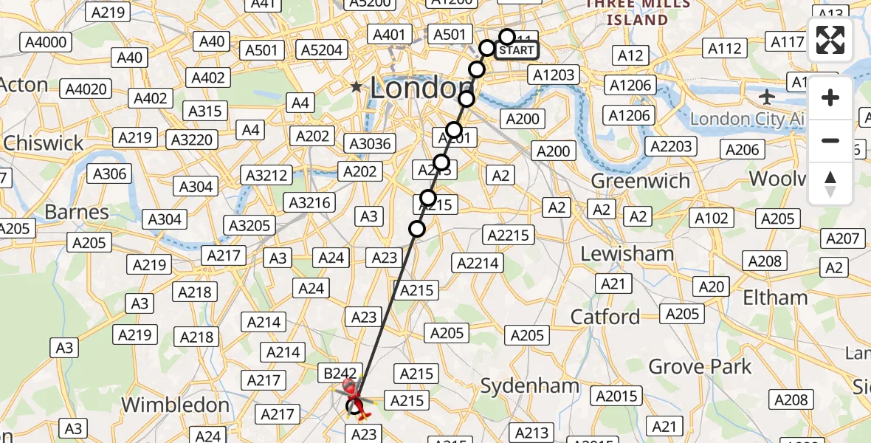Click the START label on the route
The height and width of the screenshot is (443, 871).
click(516, 50)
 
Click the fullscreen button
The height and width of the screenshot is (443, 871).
click(830, 40)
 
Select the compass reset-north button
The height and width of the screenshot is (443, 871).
click(830, 184)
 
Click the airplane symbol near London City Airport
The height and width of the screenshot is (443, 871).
click(768, 97)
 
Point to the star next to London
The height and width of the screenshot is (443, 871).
click(357, 87)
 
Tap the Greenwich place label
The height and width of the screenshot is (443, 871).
click(641, 181)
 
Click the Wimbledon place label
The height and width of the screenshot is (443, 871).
click(175, 405)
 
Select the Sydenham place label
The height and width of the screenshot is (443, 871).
click(530, 386)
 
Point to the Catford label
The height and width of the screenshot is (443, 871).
click(605, 317)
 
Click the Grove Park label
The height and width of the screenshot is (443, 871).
click(700, 366)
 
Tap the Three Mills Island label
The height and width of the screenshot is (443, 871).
click(637, 13)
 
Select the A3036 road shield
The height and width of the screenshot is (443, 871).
click(371, 144)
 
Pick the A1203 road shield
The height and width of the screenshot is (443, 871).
click(553, 75)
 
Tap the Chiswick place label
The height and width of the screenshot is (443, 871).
click(44, 142)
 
